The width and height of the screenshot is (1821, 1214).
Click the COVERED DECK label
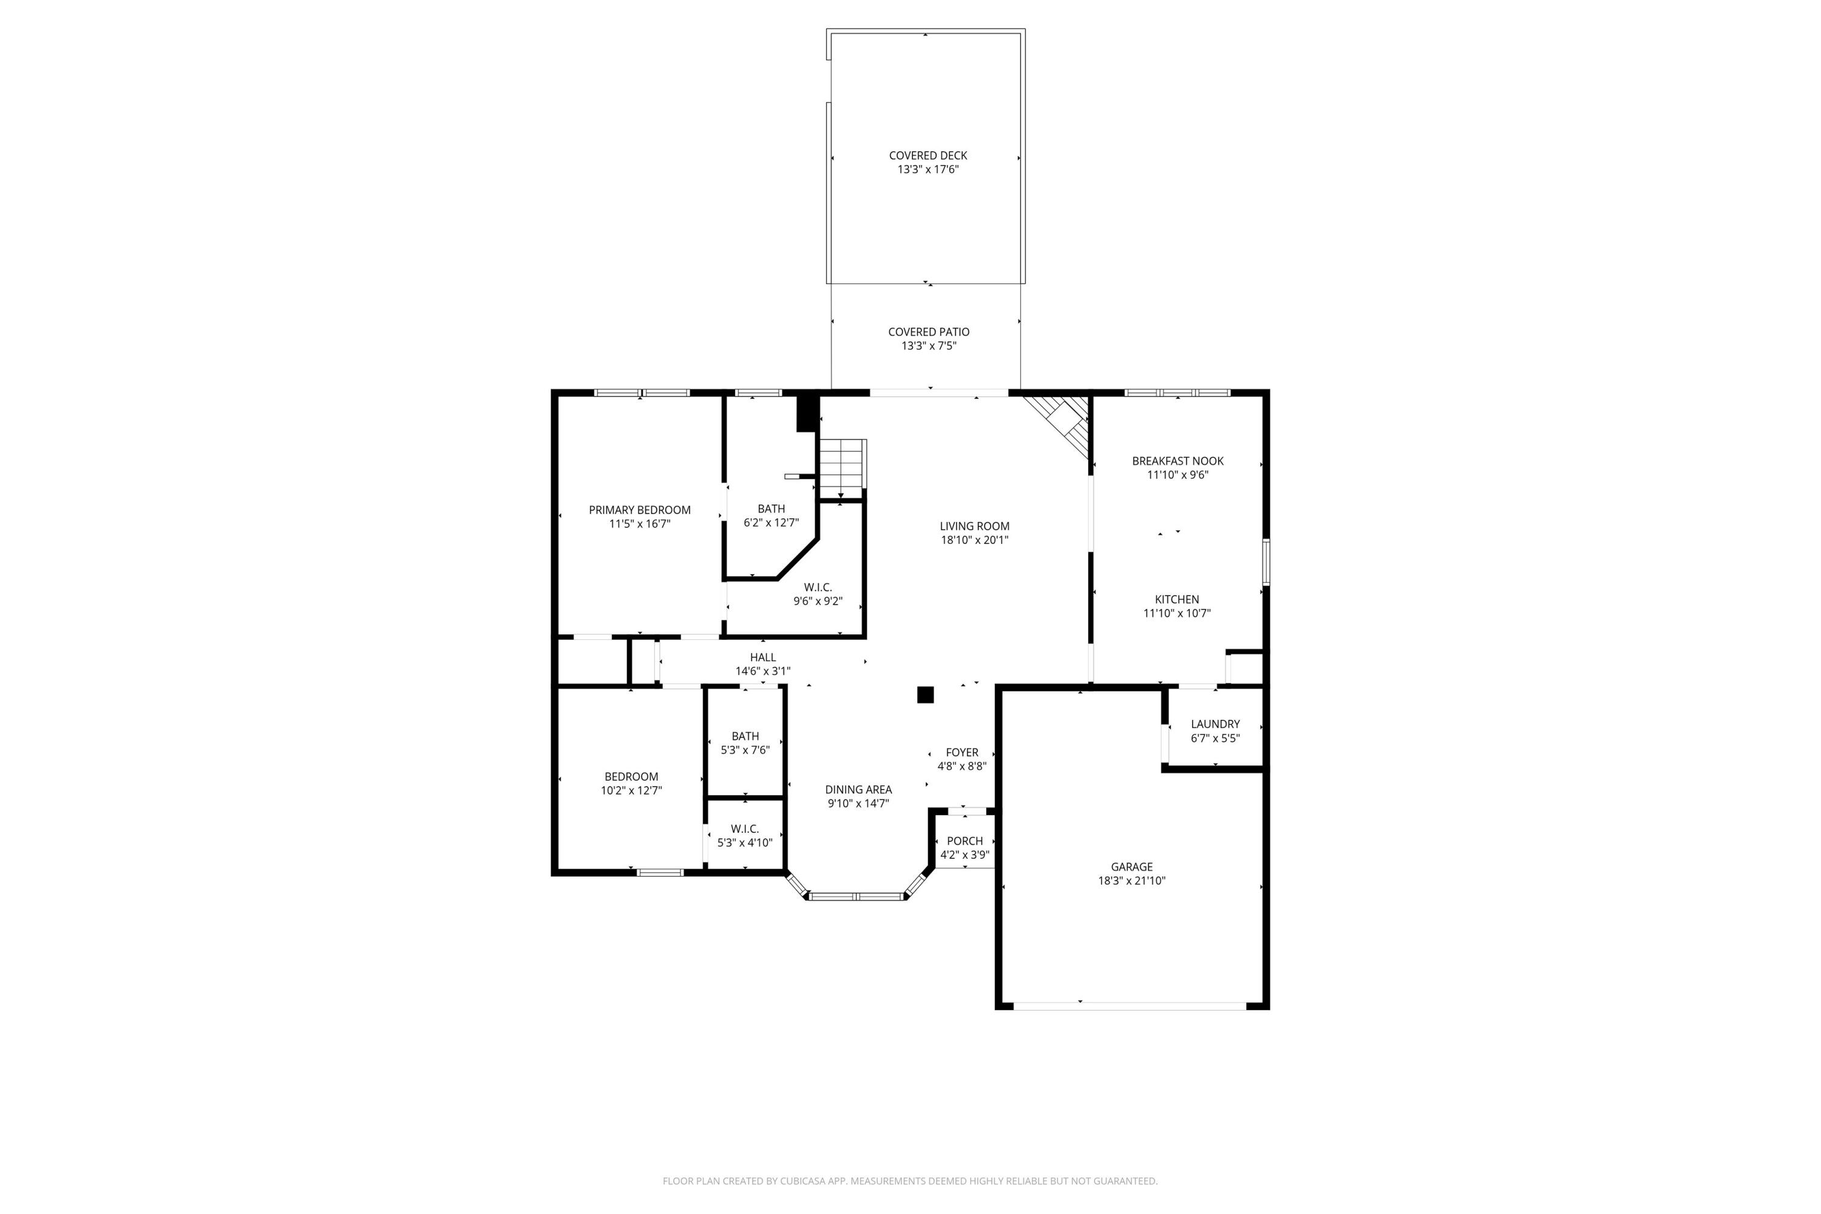[x=927, y=155]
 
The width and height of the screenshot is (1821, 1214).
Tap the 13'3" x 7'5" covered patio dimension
[x=928, y=346]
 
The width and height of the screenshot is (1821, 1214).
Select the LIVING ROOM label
[x=974, y=526]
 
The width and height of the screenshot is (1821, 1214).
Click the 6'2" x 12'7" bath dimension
[x=770, y=523]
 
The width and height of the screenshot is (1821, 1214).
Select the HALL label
[x=762, y=657]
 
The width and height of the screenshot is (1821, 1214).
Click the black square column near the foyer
[x=925, y=694]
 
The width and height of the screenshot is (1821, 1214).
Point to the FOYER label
[x=961, y=753]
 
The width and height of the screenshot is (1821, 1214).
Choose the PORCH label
[x=965, y=841]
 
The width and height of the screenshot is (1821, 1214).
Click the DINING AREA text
[x=858, y=790]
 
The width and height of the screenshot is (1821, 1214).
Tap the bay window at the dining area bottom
[x=856, y=896]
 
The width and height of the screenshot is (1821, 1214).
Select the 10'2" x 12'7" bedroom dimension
[x=631, y=790]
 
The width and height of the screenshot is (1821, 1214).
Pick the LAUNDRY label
[x=1215, y=725]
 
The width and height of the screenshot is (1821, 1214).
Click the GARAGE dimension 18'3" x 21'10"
[x=1131, y=880]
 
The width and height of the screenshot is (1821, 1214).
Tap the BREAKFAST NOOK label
[x=1177, y=461]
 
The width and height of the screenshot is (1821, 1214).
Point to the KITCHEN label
[x=1177, y=599]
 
